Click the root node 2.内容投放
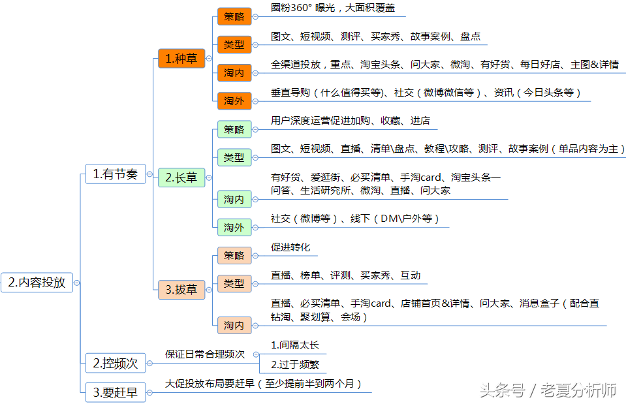(37, 282)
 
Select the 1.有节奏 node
(115, 174)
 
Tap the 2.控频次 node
(115, 362)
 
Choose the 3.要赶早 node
(115, 392)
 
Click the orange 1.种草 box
(181, 58)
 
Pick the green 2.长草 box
(181, 178)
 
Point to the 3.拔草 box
(181, 289)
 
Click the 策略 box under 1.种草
(234, 16)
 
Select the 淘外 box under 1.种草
(234, 101)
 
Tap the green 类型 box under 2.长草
(234, 157)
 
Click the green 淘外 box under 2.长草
(234, 227)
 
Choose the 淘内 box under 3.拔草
(234, 325)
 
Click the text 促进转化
(290, 247)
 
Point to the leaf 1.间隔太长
(294, 345)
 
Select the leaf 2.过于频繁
(294, 365)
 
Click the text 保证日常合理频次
(205, 354)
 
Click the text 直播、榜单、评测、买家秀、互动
(345, 275)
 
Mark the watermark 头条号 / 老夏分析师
(548, 390)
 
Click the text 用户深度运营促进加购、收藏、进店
(350, 121)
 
